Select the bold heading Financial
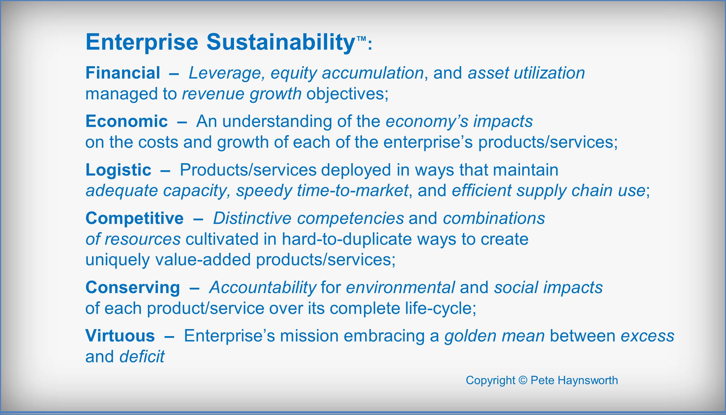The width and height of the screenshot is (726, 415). click(x=123, y=73)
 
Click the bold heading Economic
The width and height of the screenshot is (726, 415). click(x=126, y=121)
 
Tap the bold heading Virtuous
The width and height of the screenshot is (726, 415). click(x=120, y=336)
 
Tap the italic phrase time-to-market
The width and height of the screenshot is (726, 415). click(x=353, y=190)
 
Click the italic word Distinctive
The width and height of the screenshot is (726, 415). click(x=252, y=218)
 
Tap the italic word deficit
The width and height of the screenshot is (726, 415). click(x=142, y=356)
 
